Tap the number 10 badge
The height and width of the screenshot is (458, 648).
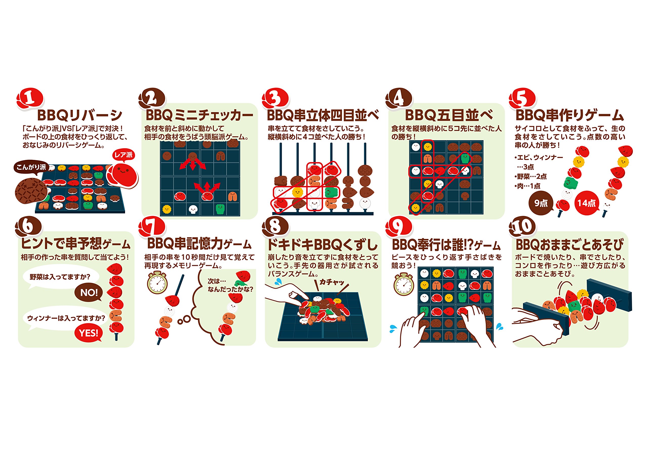click(522, 227)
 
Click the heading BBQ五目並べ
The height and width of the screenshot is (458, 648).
click(449, 115)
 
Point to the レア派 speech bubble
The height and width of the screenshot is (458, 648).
click(123, 155)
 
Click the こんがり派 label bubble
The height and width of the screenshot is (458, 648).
click(31, 167)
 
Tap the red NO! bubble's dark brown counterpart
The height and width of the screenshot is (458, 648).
click(89, 293)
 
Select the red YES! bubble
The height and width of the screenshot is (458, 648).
click(89, 333)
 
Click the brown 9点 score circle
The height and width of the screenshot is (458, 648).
click(541, 203)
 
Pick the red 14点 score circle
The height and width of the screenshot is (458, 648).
click(586, 203)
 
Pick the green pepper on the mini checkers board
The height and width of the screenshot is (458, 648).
click(220, 209)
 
